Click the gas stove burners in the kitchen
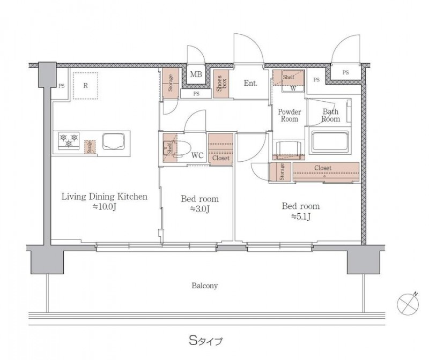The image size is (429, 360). pos(69,141)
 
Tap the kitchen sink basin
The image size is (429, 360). pos(114,141)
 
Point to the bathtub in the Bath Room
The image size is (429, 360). pos(330,141)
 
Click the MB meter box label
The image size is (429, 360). pos(196,74)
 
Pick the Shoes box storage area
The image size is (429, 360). pos(221,83)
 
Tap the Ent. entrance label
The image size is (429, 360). pos(250,83)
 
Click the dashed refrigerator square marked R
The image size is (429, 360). pos(85,86)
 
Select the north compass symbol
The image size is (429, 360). pos(408,303)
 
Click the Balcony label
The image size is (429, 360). pos(205,286)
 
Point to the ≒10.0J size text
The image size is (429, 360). pos(104,207)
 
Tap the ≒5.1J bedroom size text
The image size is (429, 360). pos(300,216)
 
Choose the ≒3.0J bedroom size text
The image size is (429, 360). pos(199,209)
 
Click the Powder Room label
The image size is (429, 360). pos(289,115)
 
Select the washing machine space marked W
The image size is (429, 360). pos(293,88)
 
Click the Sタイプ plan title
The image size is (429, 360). pos(206,341)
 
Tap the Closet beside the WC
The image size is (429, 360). pos(220,148)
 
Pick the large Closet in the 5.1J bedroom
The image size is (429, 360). pos(326,172)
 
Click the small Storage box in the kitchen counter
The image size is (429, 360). pos(90,147)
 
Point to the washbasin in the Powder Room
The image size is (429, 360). pos(289,149)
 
